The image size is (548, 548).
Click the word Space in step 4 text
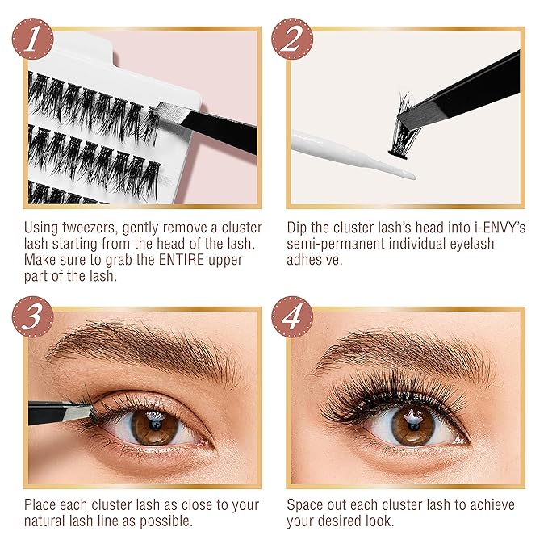pos(307,505)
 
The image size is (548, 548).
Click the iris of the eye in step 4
pos(414,425)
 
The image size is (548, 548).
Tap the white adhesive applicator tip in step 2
pos(404,171)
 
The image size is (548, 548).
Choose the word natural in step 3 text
pos(48,522)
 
